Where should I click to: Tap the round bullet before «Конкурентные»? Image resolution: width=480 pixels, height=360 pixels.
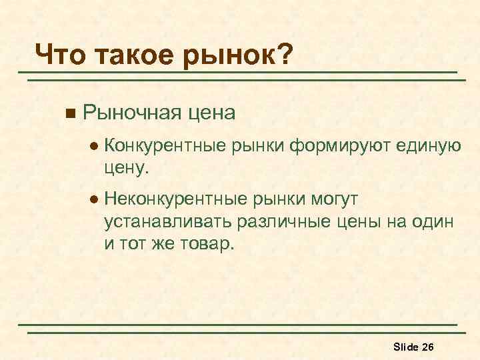pos(95,144)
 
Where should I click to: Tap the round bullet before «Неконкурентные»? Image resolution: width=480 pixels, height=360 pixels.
pos(95,198)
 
